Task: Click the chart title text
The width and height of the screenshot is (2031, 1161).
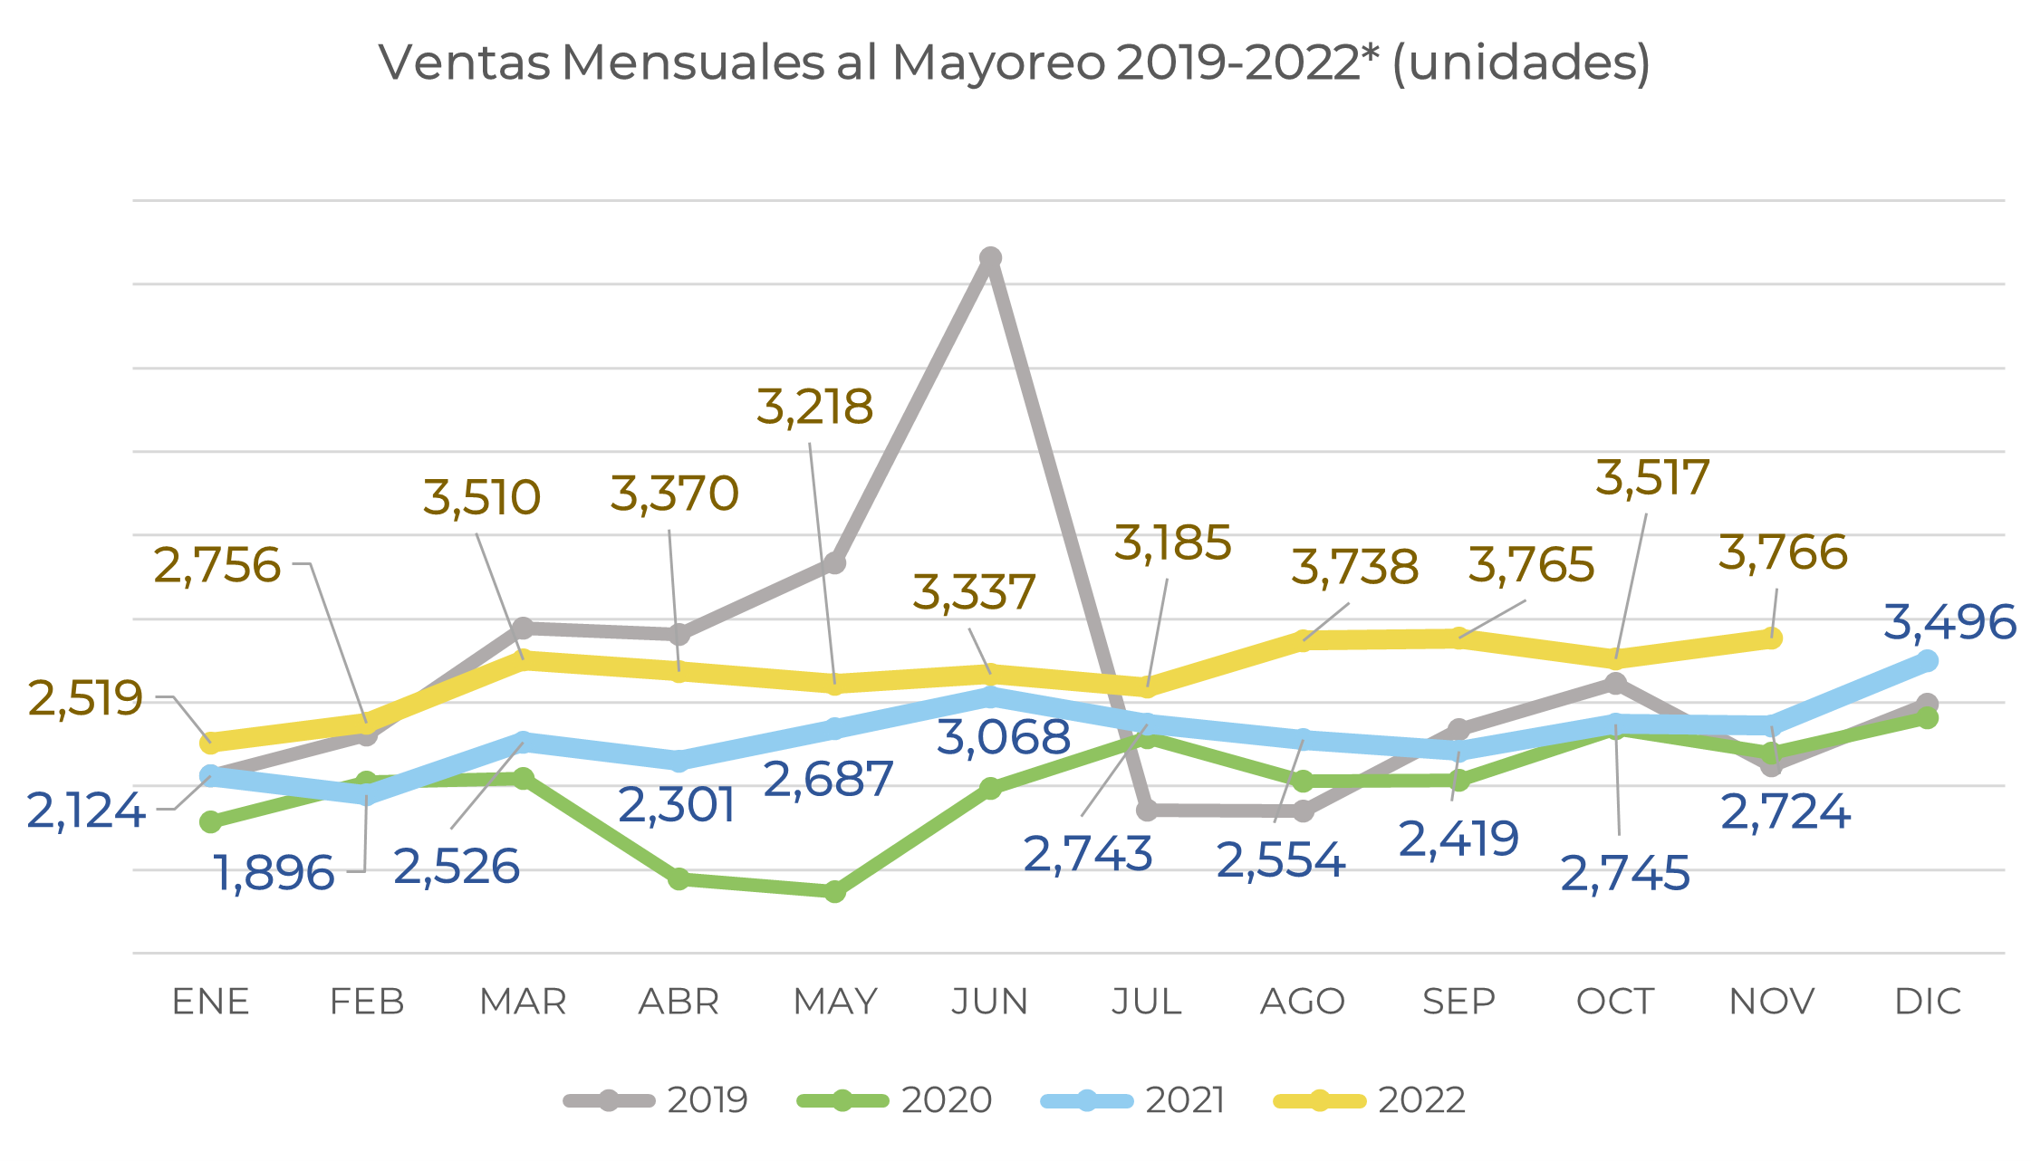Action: point(1015,63)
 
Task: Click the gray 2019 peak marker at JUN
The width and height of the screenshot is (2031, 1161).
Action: point(990,258)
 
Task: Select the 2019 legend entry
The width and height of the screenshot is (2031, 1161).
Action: point(657,1100)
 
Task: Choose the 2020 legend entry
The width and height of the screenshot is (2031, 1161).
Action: point(895,1100)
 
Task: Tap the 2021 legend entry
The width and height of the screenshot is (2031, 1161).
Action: point(1133,1100)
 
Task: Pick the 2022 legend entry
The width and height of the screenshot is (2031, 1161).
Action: point(1370,1100)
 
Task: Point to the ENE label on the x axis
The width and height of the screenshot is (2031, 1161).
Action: point(211,1002)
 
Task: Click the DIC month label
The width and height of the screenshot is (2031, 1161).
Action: point(1928,1002)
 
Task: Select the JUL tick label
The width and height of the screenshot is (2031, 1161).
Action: point(1147,1002)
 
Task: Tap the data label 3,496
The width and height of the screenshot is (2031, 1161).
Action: point(1949,623)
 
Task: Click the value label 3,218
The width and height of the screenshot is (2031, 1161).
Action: point(814,408)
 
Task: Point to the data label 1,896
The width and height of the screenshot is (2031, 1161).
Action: point(274,874)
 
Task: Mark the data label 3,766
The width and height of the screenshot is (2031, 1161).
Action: point(1782,553)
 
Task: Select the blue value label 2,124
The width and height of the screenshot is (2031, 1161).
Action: point(86,811)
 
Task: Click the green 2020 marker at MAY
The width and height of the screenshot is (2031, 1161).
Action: point(835,892)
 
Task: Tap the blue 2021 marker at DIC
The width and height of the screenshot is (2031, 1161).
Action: point(1928,661)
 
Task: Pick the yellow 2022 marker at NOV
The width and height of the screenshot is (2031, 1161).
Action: point(1772,638)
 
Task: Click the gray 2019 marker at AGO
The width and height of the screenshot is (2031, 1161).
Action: point(1303,811)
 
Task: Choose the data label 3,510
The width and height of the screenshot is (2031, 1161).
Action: point(482,498)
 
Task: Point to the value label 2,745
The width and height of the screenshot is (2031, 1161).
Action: point(1624,874)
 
